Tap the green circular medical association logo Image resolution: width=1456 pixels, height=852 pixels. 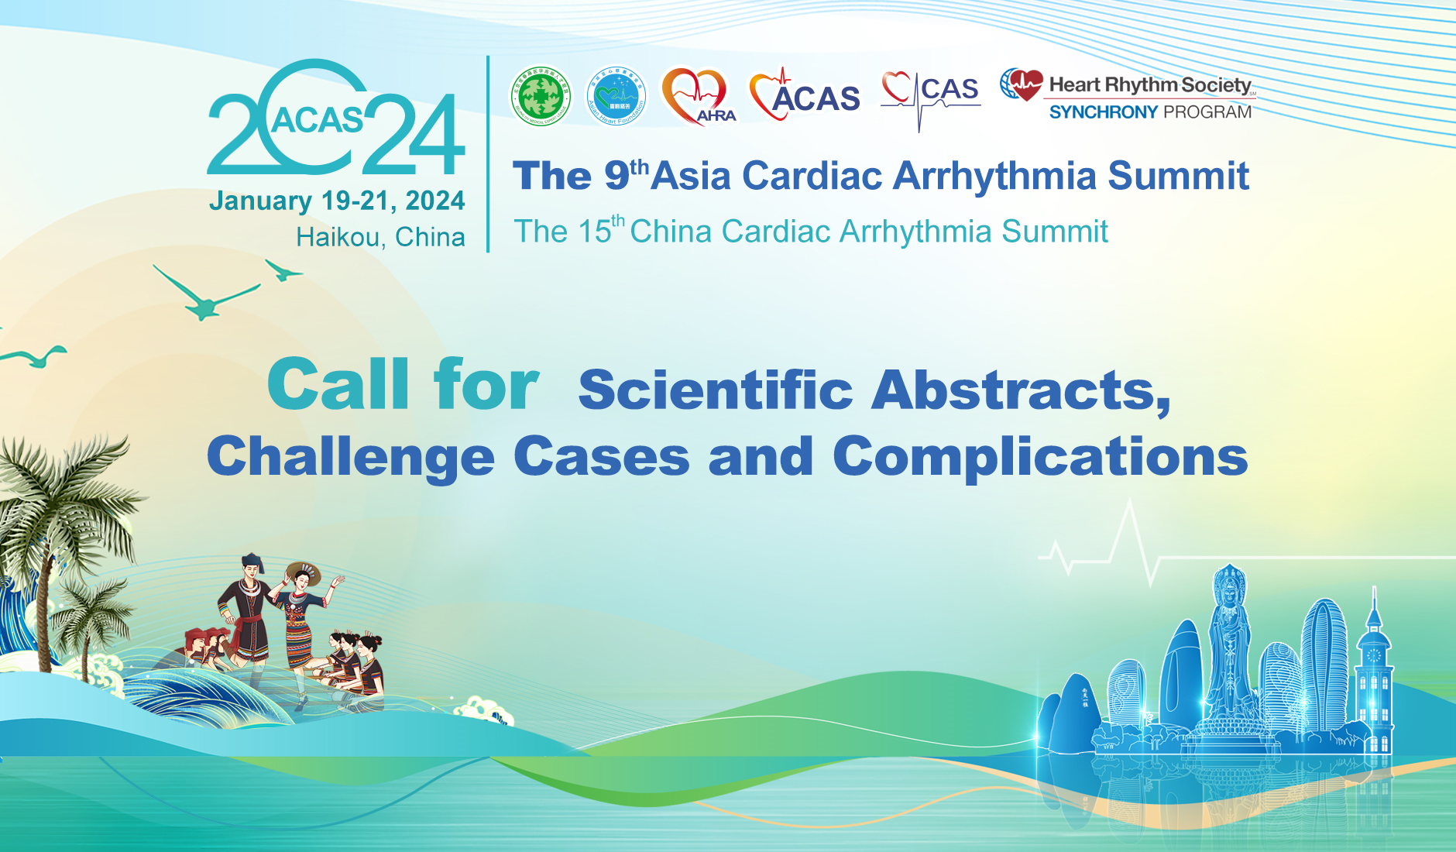[x=541, y=96]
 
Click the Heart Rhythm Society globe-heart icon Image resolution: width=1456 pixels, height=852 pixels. [x=1021, y=84]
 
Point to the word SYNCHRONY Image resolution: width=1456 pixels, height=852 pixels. [x=1103, y=112]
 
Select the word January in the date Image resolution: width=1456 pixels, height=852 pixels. [x=260, y=201]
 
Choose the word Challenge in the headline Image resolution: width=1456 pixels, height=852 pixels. [x=350, y=456]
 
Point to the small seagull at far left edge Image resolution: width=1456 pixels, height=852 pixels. [x=35, y=356]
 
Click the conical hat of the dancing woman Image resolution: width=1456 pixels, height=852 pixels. [x=303, y=572]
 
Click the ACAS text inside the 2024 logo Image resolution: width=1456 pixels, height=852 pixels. [x=317, y=121]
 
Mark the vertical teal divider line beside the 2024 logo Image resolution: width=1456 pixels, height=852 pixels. [x=488, y=155]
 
